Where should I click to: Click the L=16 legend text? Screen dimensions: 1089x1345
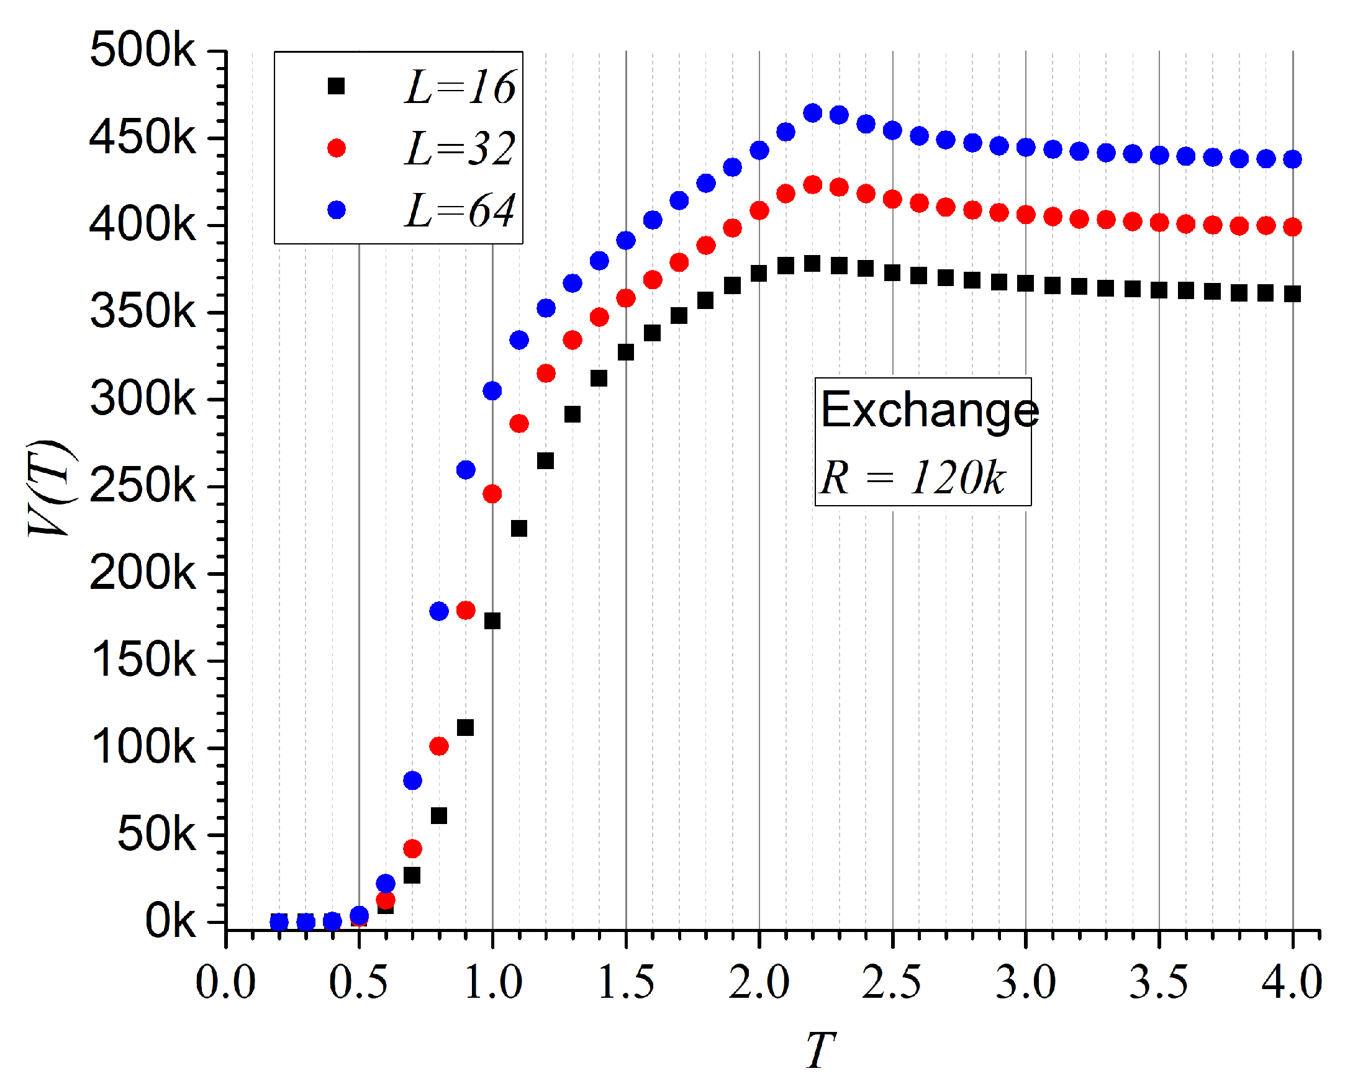tap(460, 87)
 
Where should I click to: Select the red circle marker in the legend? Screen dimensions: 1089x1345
tap(337, 148)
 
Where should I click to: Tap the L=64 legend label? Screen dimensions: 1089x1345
tap(460, 210)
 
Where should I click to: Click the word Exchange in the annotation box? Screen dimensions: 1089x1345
tap(930, 410)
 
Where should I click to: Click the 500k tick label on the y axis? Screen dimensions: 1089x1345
tap(142, 50)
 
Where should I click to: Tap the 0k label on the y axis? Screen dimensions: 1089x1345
tap(170, 921)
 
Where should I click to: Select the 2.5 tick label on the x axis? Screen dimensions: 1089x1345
tap(892, 982)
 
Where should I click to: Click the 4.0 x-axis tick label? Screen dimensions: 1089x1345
tap(1292, 982)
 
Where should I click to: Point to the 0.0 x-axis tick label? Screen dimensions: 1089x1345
tap(225, 982)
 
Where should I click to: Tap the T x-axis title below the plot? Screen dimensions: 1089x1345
tap(820, 1049)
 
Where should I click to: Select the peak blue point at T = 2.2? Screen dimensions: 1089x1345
tap(813, 113)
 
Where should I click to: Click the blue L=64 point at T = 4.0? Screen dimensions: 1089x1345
tap(1292, 159)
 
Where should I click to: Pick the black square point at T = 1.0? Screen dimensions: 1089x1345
tap(492, 621)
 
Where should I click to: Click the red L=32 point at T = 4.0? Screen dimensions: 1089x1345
tap(1292, 227)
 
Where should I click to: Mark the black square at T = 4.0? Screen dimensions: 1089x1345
tap(1292, 294)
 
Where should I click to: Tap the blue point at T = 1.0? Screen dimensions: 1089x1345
tap(492, 391)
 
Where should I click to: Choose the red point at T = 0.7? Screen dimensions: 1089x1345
tap(412, 849)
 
